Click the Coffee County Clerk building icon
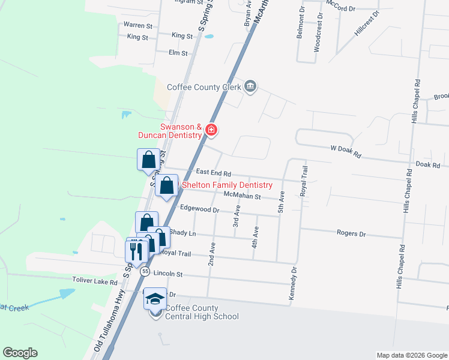click(251, 87)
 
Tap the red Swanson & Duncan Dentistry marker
click(211, 130)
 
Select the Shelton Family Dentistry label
click(227, 185)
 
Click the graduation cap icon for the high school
click(155, 298)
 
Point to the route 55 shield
click(145, 272)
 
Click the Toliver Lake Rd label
click(95, 280)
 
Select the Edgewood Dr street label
click(200, 210)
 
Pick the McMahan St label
click(241, 196)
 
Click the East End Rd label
click(212, 172)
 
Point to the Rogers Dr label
click(351, 233)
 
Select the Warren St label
click(138, 26)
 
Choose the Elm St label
click(179, 53)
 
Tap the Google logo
click(20, 353)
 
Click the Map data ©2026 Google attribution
click(411, 355)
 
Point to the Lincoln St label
click(167, 273)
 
